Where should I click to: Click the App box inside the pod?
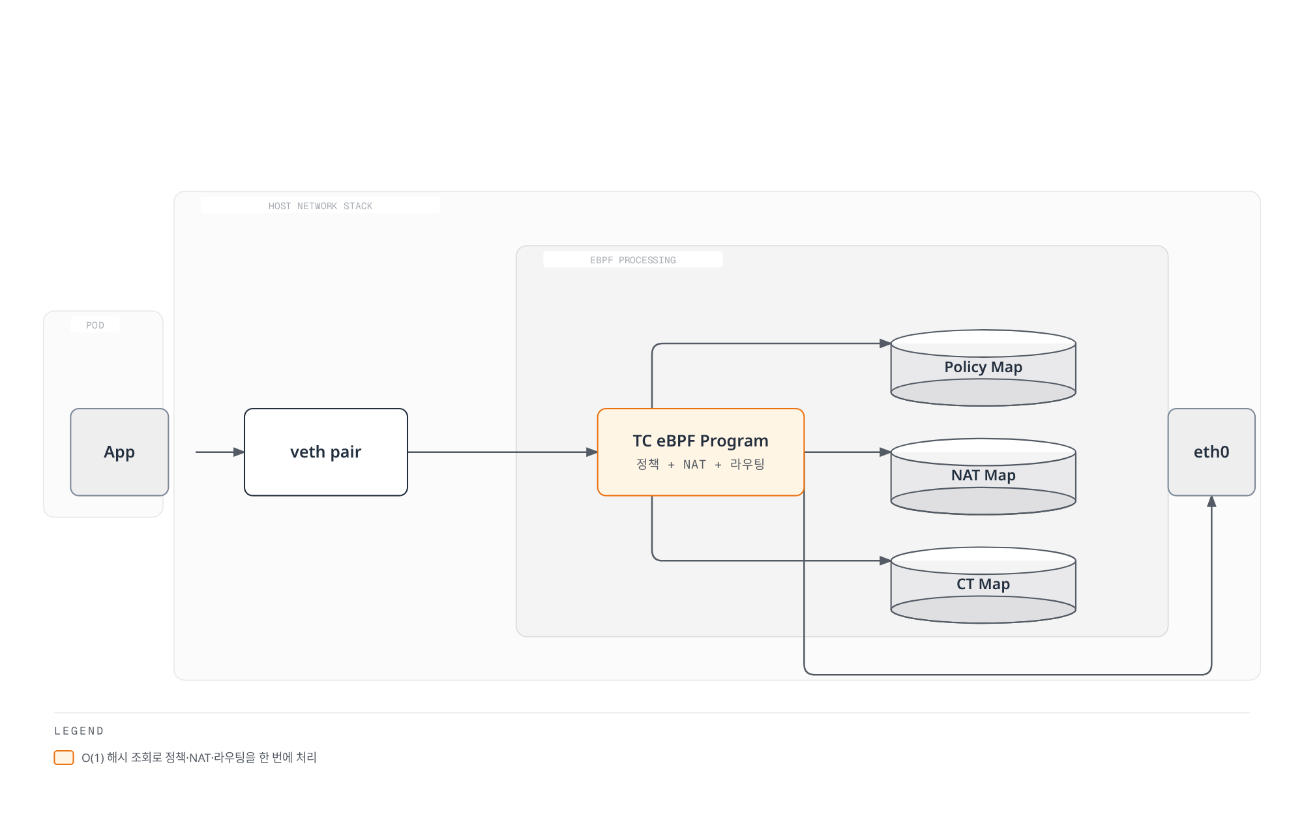119,452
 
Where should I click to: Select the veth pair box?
326,452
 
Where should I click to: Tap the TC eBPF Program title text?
700,441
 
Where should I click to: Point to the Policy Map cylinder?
983,368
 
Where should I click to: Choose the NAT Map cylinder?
983,476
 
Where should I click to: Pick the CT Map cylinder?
983,585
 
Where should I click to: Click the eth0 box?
1211,452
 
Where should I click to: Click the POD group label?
95,325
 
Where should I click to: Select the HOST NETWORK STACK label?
320,206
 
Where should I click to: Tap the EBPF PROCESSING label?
633,260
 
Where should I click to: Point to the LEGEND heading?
79,731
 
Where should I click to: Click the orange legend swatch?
64,757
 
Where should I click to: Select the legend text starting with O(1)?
199,757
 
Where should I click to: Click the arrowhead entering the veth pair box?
239,452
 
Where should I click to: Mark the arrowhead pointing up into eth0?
1211,501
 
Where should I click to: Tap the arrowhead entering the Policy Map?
885,343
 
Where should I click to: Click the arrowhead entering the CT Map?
885,561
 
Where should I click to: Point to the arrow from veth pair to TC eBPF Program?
503,452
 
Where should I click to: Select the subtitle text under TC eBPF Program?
700,464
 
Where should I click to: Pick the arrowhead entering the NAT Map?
885,452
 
